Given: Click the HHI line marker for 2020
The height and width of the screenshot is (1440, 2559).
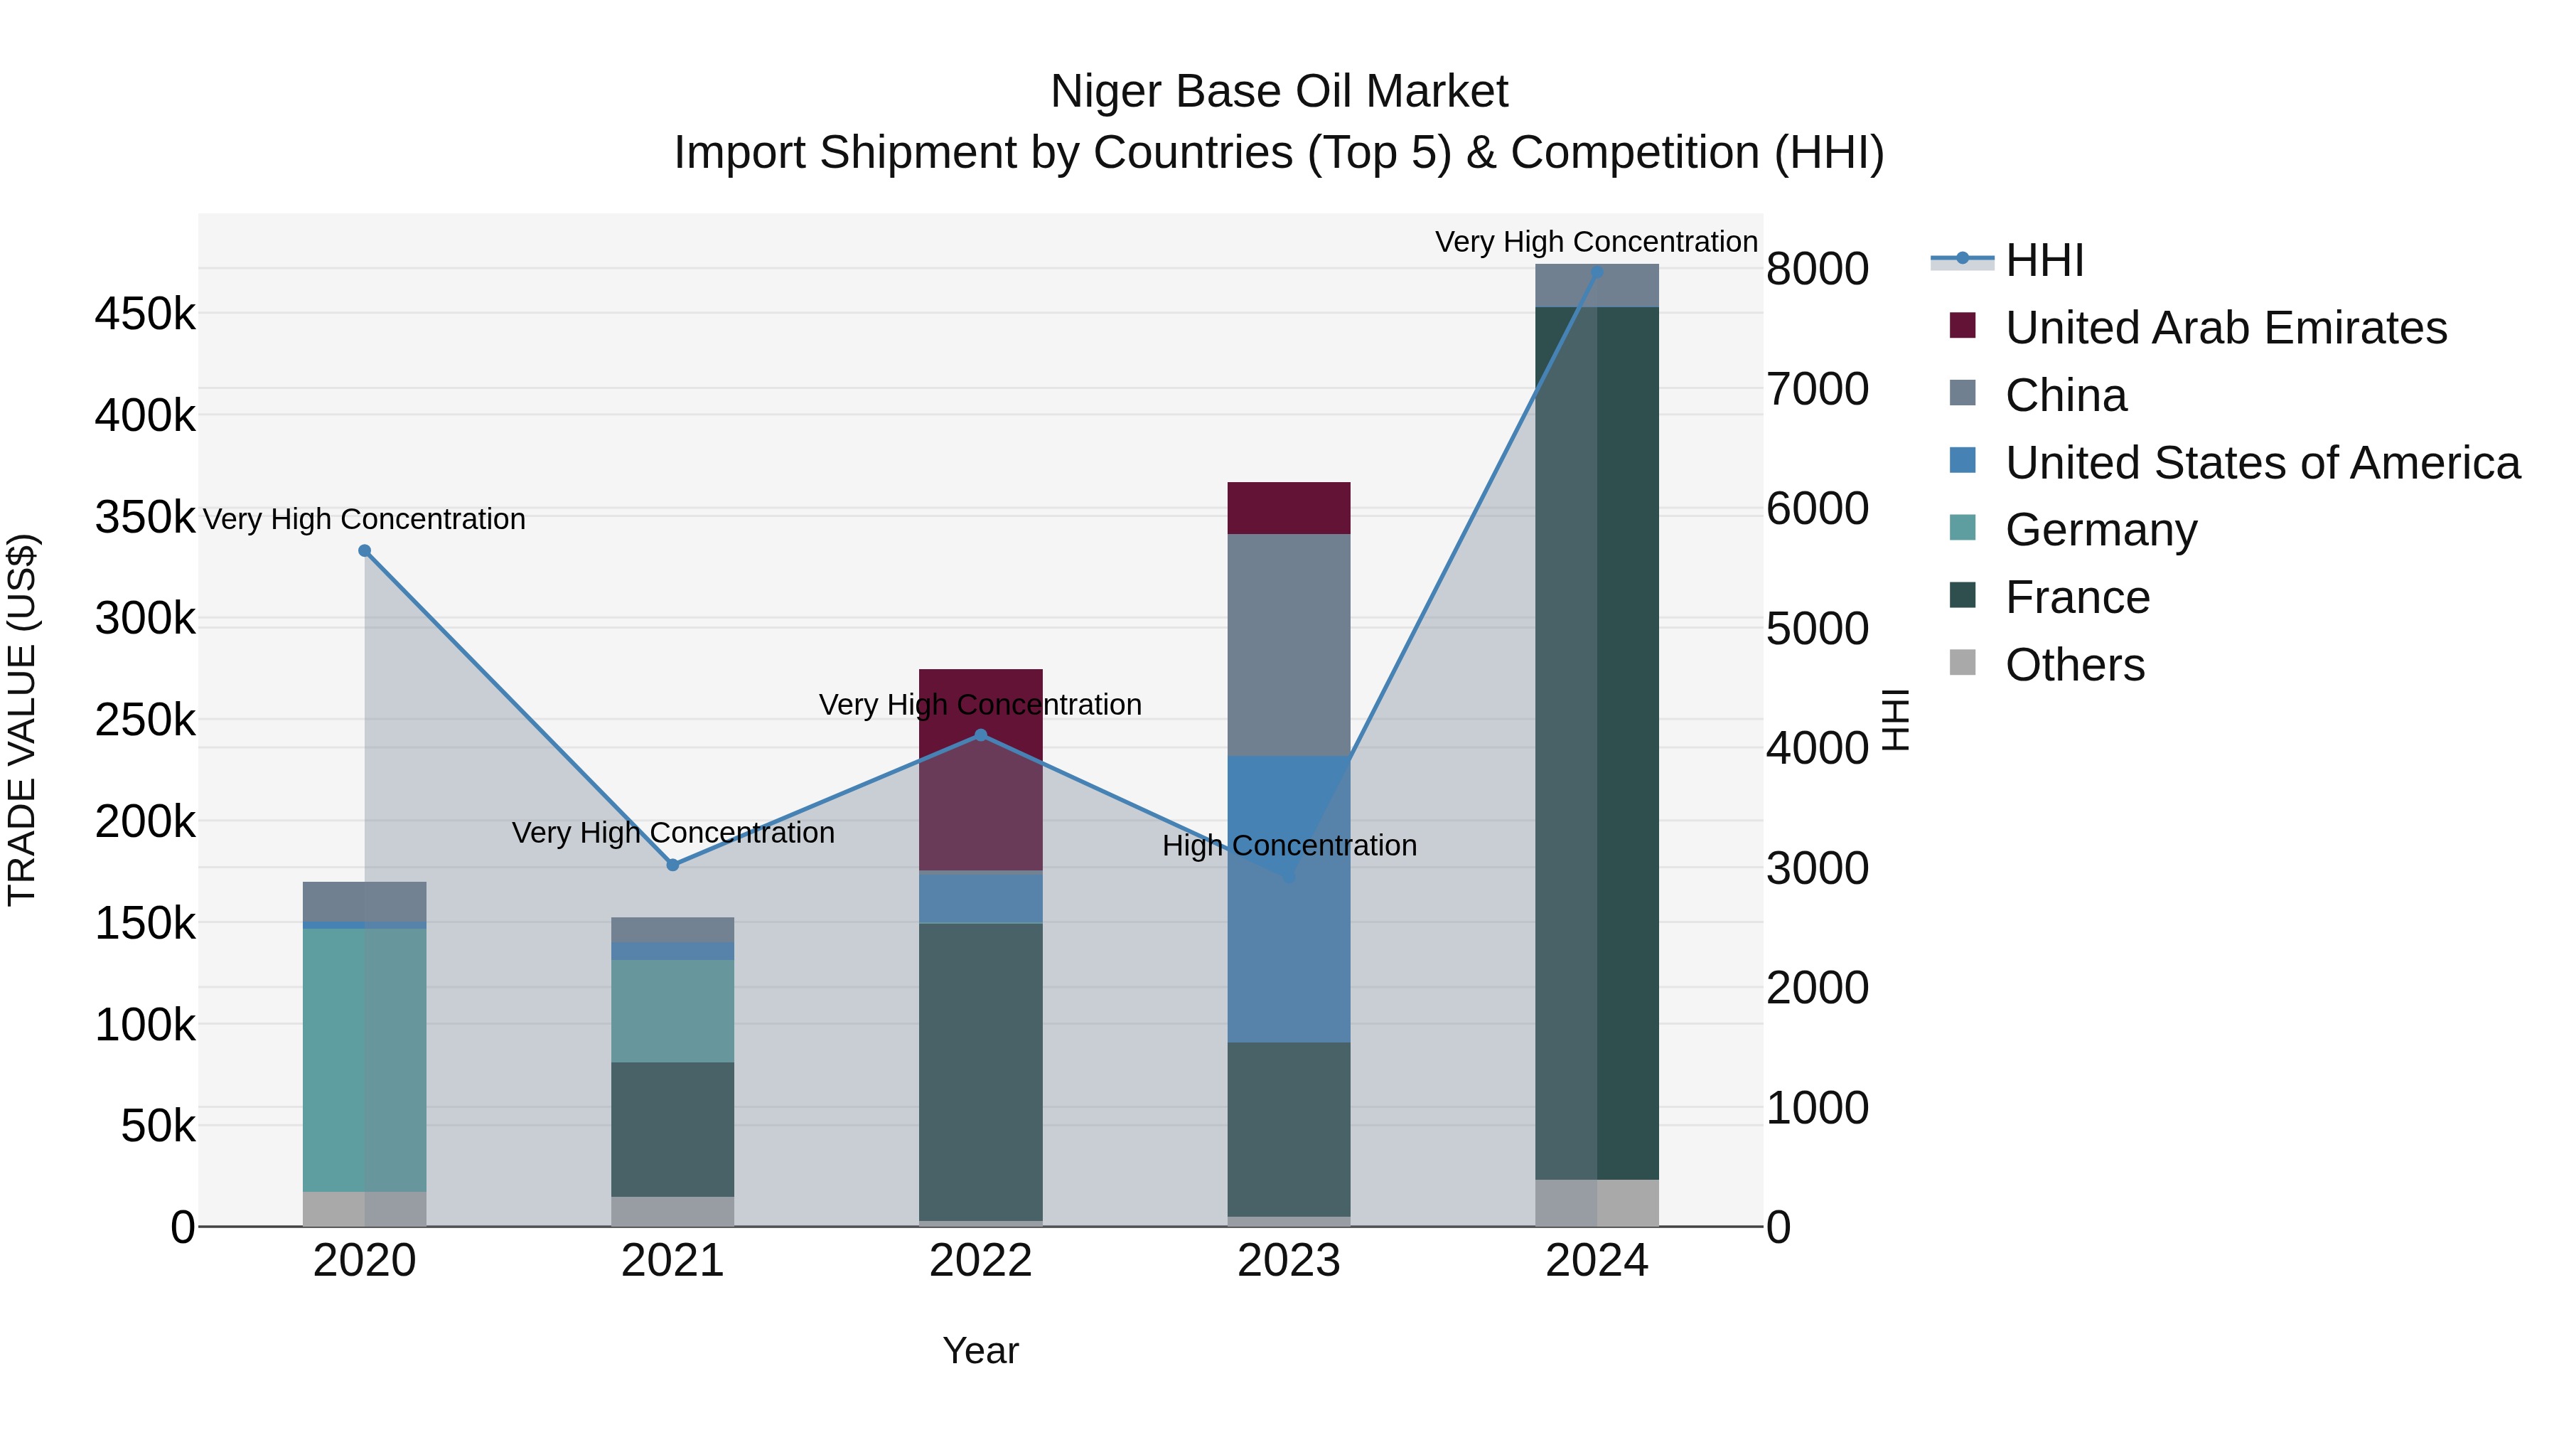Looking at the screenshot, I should click(365, 550).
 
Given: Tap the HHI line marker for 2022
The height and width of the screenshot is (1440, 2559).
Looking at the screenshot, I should click(980, 735).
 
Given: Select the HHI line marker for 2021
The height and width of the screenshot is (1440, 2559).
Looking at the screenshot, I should click(672, 865).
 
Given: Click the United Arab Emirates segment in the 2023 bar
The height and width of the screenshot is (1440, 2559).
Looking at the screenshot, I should click(1289, 508).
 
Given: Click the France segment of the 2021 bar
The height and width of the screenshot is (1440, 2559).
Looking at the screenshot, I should click(672, 1129).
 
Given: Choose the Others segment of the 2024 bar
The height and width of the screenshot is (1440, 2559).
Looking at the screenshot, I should click(1597, 1202).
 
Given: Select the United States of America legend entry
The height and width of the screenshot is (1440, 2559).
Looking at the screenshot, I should click(2261, 463).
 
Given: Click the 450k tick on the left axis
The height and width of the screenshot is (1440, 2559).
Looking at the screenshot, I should click(145, 315).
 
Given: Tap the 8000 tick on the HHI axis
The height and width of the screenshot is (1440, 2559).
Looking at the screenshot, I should click(1817, 270).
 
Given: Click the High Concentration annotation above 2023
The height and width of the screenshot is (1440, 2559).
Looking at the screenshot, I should click(1289, 846).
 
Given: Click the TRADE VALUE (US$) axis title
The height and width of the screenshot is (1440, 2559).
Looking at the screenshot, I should click(22, 720).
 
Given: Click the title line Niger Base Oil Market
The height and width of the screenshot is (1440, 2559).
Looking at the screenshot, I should click(1279, 92).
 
